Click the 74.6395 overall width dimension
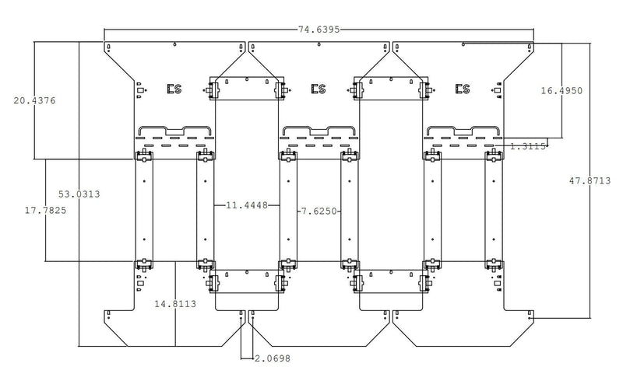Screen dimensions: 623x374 [319, 30]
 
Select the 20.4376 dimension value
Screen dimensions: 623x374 [34, 101]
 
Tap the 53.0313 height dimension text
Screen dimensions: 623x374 [79, 194]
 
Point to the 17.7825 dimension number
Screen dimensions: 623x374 [46, 211]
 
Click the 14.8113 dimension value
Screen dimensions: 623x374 [175, 304]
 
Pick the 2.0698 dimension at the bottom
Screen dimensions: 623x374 [272, 358]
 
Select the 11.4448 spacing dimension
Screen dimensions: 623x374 [247, 205]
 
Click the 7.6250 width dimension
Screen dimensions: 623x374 [319, 211]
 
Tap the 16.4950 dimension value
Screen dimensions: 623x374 [561, 91]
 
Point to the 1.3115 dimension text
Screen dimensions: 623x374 [528, 146]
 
